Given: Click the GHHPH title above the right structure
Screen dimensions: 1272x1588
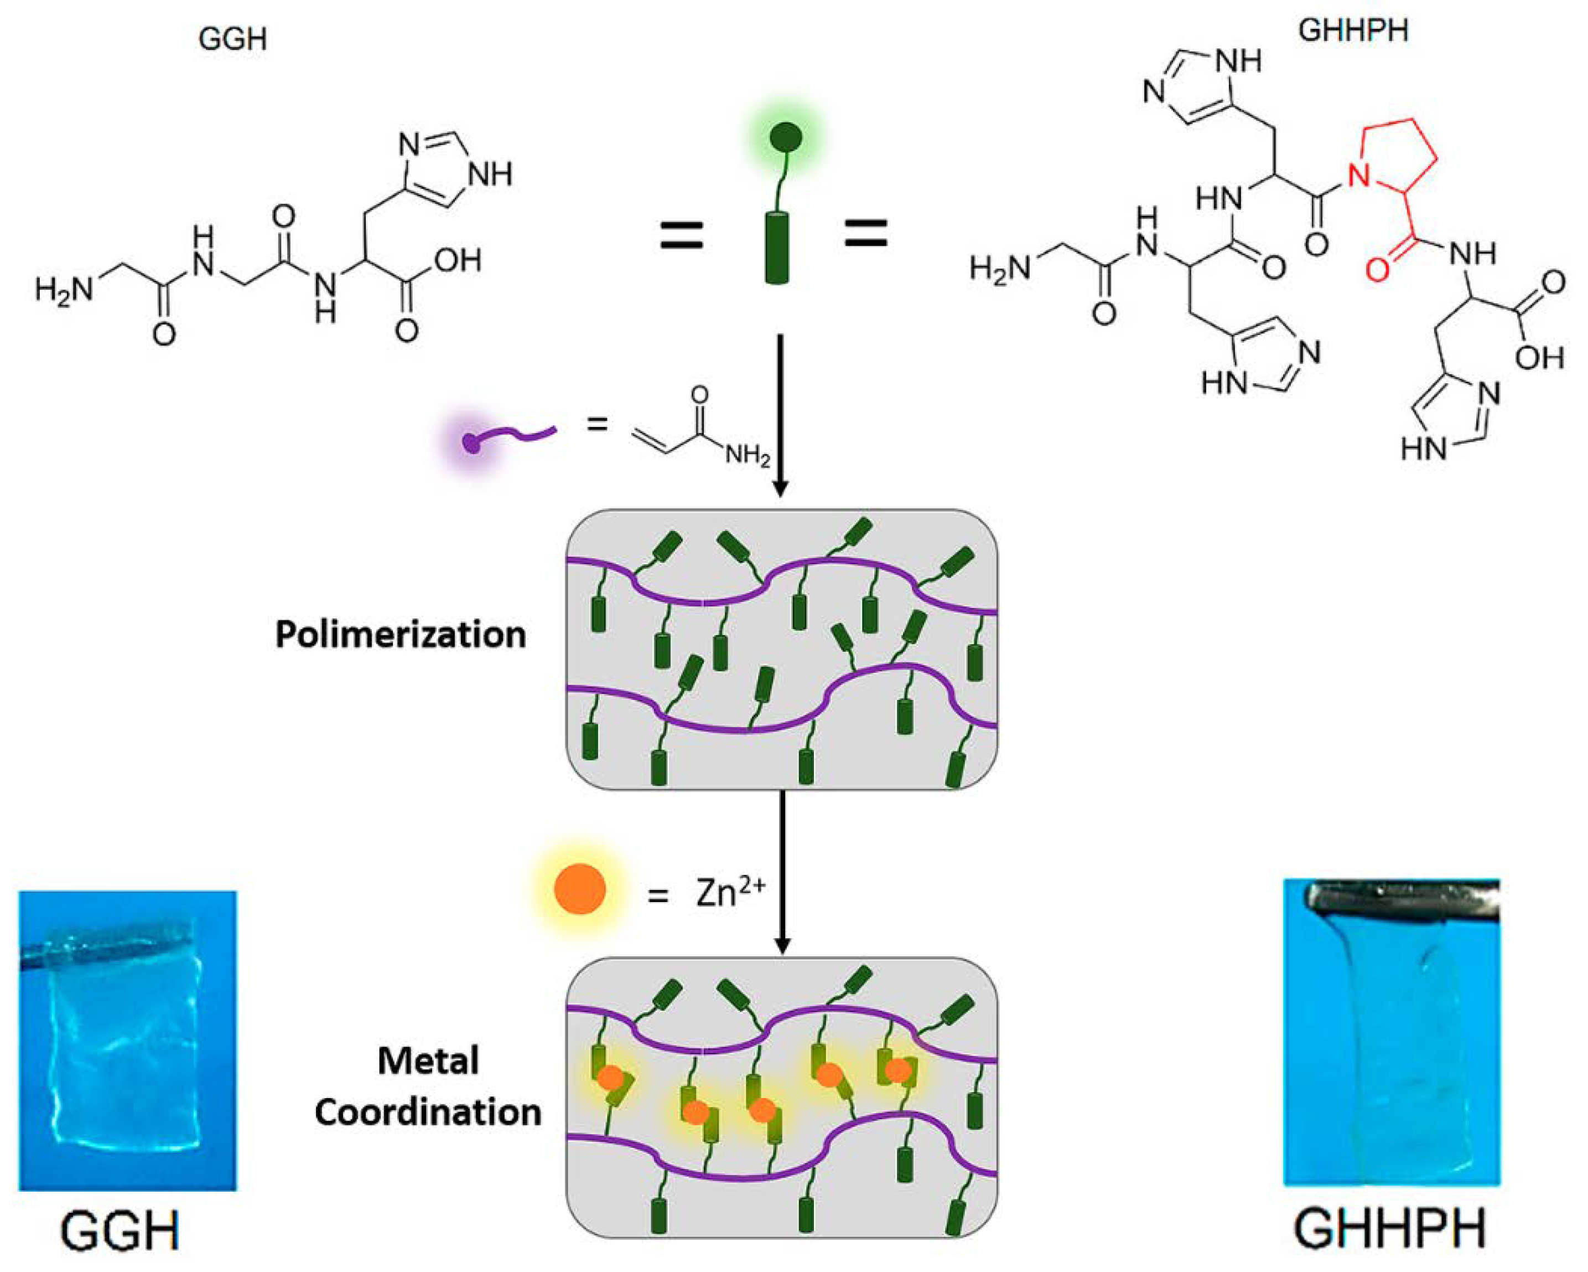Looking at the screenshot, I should [x=1353, y=31].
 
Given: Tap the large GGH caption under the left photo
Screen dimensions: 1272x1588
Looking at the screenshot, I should [x=120, y=1229].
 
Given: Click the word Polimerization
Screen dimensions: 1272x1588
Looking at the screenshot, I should [x=401, y=635].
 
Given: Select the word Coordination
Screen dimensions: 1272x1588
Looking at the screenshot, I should [x=428, y=1111].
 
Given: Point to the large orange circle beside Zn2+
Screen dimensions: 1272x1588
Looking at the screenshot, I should [x=580, y=889].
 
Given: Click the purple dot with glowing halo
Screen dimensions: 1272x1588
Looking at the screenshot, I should [x=471, y=443].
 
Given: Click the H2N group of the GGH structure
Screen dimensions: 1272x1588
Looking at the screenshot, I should [x=64, y=290].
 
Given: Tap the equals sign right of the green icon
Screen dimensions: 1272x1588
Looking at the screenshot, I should [x=865, y=234].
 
